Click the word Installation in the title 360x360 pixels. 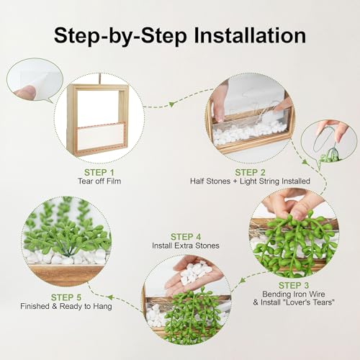(250, 35)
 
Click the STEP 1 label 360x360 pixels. (99, 172)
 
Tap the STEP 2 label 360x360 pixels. (250, 172)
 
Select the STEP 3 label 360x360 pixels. (294, 285)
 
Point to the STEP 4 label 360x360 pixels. (186, 237)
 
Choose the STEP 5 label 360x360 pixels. (66, 297)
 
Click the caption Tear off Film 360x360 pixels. (99, 181)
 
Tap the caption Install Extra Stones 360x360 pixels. (186, 246)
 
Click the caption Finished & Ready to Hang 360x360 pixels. (66, 306)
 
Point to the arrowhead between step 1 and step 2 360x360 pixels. (171, 104)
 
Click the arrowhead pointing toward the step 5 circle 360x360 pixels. (110, 297)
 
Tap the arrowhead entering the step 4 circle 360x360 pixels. (243, 280)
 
